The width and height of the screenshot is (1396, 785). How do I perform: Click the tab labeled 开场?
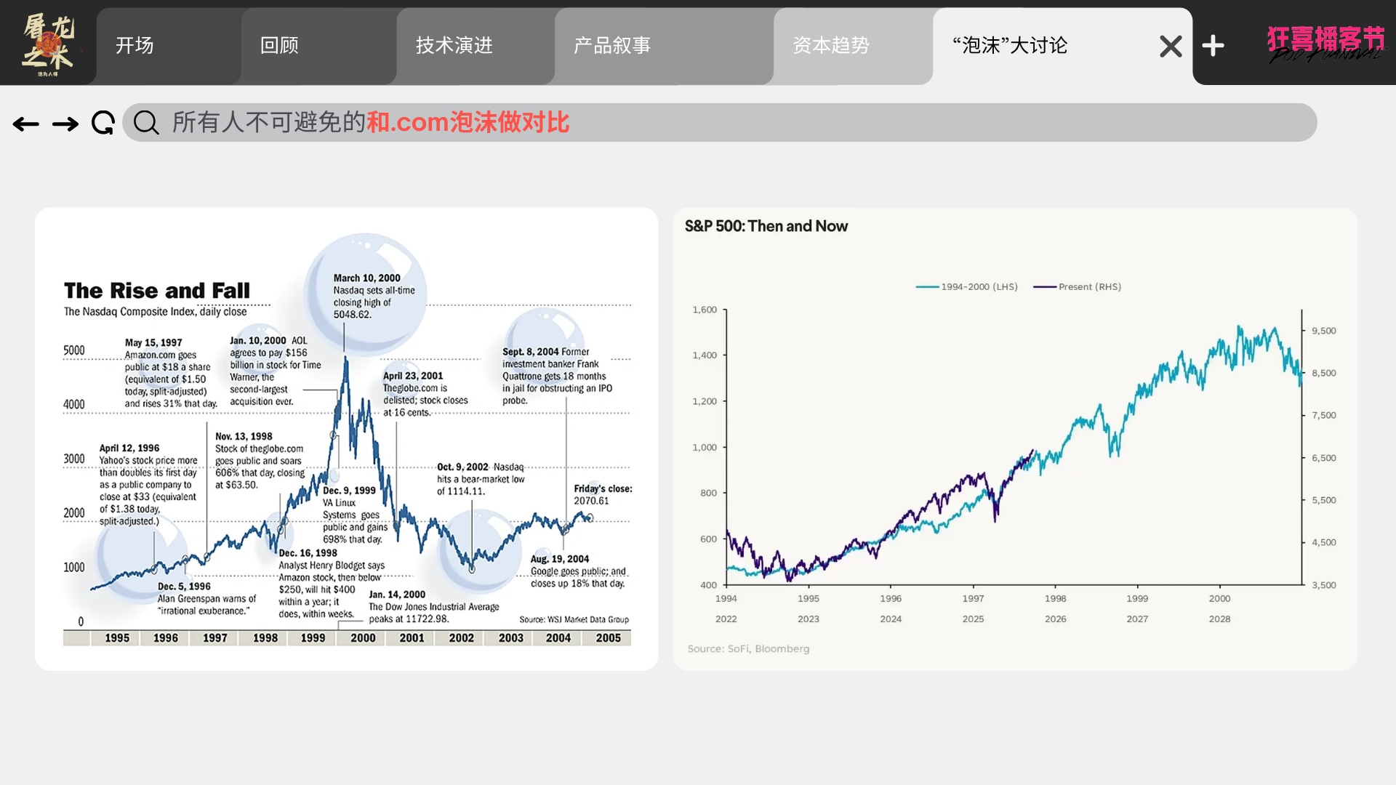(135, 46)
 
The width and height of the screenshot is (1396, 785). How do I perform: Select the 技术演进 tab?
(454, 46)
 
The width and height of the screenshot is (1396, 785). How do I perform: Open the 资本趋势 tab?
(831, 46)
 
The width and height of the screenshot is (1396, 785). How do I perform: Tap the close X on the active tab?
(1171, 47)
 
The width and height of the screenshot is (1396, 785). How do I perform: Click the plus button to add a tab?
(1213, 46)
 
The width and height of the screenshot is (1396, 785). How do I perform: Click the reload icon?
(103, 123)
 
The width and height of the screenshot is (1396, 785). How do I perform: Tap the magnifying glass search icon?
(146, 123)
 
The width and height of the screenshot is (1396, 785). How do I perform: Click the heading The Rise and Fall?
(157, 291)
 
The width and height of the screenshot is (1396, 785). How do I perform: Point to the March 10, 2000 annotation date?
(366, 278)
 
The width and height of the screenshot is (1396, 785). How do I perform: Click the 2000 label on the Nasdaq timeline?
(363, 638)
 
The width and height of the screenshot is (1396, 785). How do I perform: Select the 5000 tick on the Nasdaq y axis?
(74, 350)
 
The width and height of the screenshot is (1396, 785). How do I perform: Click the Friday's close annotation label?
(603, 488)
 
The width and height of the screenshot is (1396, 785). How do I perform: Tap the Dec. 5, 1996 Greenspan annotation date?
(184, 587)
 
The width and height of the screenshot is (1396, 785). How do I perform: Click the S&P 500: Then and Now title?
(766, 226)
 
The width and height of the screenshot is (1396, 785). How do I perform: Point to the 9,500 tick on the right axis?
(1323, 331)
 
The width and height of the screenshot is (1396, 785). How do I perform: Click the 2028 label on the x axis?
(1219, 619)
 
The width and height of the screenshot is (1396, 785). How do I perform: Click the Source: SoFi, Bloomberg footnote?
(748, 649)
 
